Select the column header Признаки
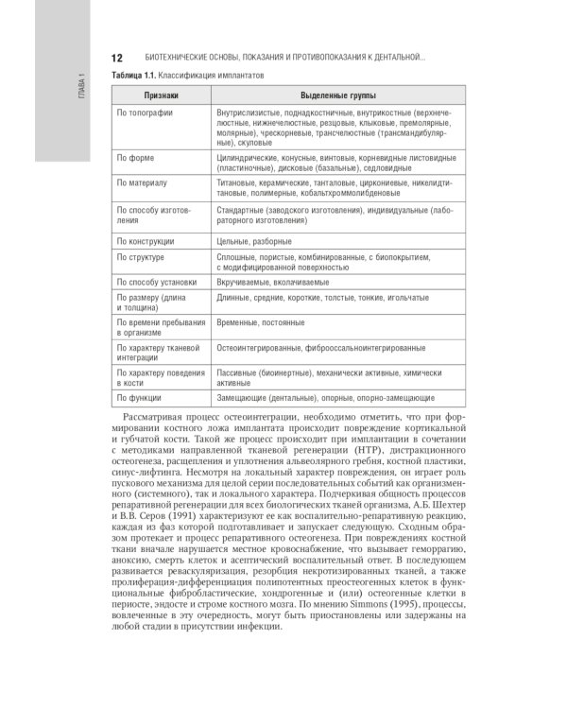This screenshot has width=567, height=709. click(x=161, y=95)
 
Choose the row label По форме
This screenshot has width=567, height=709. click(x=135, y=158)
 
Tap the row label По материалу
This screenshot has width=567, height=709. click(x=142, y=182)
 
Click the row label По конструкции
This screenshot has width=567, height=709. click(x=146, y=241)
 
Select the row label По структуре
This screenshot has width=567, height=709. click(x=141, y=257)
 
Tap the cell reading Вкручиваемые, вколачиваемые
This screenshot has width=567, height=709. click(x=273, y=282)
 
